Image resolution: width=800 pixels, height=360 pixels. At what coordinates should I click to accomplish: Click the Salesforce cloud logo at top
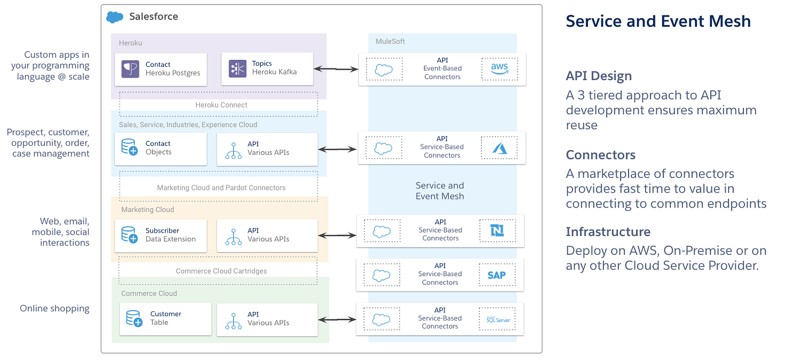click(x=115, y=17)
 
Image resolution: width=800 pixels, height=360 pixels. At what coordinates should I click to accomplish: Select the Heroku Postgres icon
click(x=130, y=69)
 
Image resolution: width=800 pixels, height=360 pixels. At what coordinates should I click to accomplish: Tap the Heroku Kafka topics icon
click(x=237, y=69)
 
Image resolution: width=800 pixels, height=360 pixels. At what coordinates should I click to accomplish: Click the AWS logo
click(x=499, y=69)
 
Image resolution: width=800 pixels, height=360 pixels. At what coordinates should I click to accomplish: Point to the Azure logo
click(x=499, y=147)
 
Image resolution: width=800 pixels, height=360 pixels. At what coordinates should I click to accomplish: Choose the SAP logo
click(x=496, y=275)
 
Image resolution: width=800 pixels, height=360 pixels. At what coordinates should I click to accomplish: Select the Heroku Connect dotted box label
click(x=221, y=105)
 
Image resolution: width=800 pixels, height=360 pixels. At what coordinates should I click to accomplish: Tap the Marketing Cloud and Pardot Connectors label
click(x=221, y=187)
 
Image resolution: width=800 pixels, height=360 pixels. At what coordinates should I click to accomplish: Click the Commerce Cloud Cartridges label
click(x=221, y=271)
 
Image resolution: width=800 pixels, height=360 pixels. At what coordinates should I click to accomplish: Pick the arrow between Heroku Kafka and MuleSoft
click(x=337, y=69)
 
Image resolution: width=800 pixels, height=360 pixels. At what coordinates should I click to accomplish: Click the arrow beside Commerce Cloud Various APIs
click(x=337, y=319)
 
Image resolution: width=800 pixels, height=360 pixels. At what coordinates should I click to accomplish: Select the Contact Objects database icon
click(x=130, y=147)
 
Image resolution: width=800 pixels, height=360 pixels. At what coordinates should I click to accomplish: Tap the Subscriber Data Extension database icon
click(x=130, y=235)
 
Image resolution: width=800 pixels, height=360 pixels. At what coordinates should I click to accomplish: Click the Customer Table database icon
click(x=134, y=319)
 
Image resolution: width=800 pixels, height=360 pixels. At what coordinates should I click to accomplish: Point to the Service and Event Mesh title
click(x=658, y=21)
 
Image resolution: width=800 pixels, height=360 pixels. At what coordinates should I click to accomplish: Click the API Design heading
click(x=598, y=76)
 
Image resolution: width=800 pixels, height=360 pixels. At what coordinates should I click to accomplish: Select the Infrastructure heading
click(x=608, y=231)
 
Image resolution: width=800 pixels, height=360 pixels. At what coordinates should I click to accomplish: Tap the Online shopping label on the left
click(x=55, y=309)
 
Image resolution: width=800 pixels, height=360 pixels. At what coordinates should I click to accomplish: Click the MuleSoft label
click(x=390, y=41)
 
